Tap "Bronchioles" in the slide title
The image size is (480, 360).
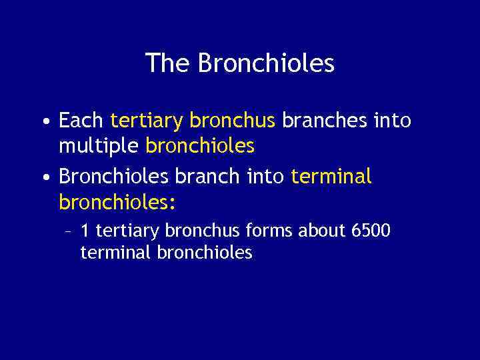click(266, 63)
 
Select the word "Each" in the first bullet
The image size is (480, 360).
click(81, 121)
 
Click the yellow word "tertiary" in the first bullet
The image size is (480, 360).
click(147, 121)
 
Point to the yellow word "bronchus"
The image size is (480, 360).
click(233, 121)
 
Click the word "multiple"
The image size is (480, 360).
click(99, 145)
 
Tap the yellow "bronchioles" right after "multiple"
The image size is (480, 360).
click(200, 145)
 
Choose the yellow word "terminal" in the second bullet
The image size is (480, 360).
click(332, 177)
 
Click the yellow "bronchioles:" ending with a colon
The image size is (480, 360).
click(117, 201)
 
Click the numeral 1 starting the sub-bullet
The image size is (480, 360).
click(85, 231)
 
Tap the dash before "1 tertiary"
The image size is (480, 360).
click(67, 232)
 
